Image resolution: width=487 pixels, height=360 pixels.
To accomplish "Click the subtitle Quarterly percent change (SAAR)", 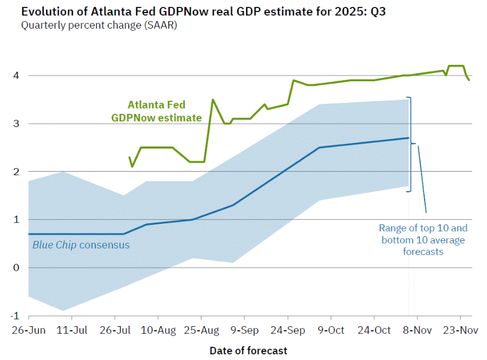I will [x=99, y=25].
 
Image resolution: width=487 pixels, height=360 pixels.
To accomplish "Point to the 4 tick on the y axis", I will [x=17, y=76].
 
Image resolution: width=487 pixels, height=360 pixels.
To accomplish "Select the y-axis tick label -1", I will [x=15, y=316].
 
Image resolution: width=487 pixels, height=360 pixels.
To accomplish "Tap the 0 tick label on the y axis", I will [x=17, y=268].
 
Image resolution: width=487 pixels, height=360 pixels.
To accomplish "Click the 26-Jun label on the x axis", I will [x=28, y=330].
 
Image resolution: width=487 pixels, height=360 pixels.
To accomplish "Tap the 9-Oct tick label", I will [x=331, y=330].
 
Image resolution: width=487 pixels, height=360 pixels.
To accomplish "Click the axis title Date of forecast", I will [x=248, y=350].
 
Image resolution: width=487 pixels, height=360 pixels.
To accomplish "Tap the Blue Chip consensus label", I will [x=81, y=245].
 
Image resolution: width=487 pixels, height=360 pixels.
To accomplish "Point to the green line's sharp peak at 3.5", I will [x=213, y=100].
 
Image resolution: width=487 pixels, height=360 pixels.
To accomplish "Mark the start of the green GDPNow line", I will [x=129, y=157].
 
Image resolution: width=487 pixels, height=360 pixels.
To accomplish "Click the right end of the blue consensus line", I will [x=409, y=138].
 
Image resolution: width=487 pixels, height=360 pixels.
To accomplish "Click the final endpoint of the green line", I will [x=469, y=80].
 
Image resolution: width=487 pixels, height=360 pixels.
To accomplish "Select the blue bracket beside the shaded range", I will [x=410, y=144].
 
